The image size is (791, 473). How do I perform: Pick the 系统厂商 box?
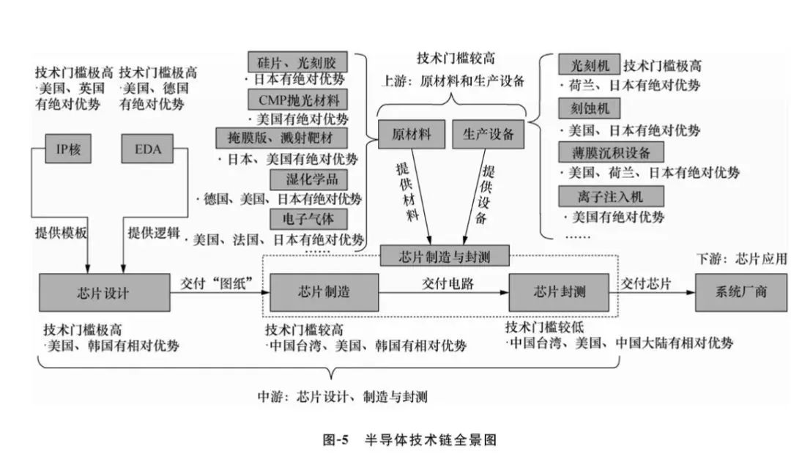pos(740,292)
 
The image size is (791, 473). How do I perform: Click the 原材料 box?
pos(411,134)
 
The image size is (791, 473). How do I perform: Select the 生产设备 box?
pos(488,134)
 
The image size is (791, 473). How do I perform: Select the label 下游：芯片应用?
pos(740,258)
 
